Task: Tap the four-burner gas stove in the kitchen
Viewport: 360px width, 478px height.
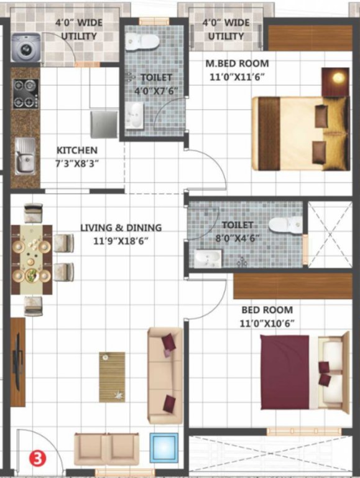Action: click(x=25, y=93)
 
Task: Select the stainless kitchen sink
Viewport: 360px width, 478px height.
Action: click(x=25, y=156)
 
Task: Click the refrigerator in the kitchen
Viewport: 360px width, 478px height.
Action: click(x=104, y=124)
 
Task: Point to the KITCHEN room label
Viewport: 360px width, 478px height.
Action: click(x=77, y=151)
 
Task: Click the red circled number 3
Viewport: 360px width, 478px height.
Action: click(x=38, y=460)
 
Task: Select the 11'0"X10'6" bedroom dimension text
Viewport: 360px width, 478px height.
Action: click(x=268, y=322)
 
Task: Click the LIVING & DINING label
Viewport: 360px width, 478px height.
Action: click(x=121, y=228)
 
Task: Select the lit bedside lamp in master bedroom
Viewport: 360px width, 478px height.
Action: click(x=336, y=79)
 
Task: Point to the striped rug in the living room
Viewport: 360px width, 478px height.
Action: click(x=112, y=377)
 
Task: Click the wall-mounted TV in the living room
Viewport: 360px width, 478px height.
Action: click(x=18, y=361)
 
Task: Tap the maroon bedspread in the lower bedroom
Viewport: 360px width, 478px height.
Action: click(x=285, y=372)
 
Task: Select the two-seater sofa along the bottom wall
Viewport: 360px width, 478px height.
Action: click(x=102, y=449)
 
